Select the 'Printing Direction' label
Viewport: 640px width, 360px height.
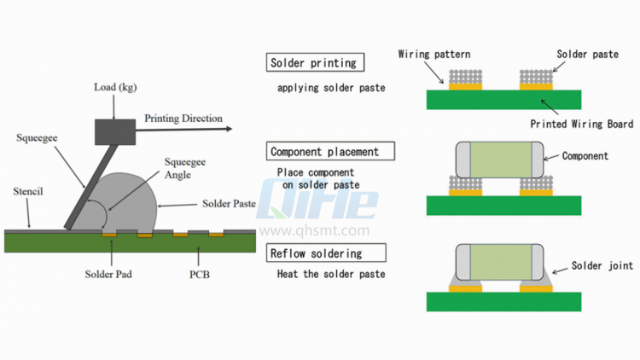click(x=183, y=118)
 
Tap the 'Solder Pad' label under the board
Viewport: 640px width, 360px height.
click(x=108, y=275)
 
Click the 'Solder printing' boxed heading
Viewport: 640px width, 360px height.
click(x=313, y=62)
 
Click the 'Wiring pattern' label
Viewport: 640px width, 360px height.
click(x=433, y=54)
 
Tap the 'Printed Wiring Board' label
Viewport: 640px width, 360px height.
click(x=581, y=124)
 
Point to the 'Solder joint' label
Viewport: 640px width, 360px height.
click(x=602, y=266)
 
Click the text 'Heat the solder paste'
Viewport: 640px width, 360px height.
click(x=331, y=274)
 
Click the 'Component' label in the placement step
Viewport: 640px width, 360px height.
click(x=585, y=156)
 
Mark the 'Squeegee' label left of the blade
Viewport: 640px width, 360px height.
click(x=38, y=137)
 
